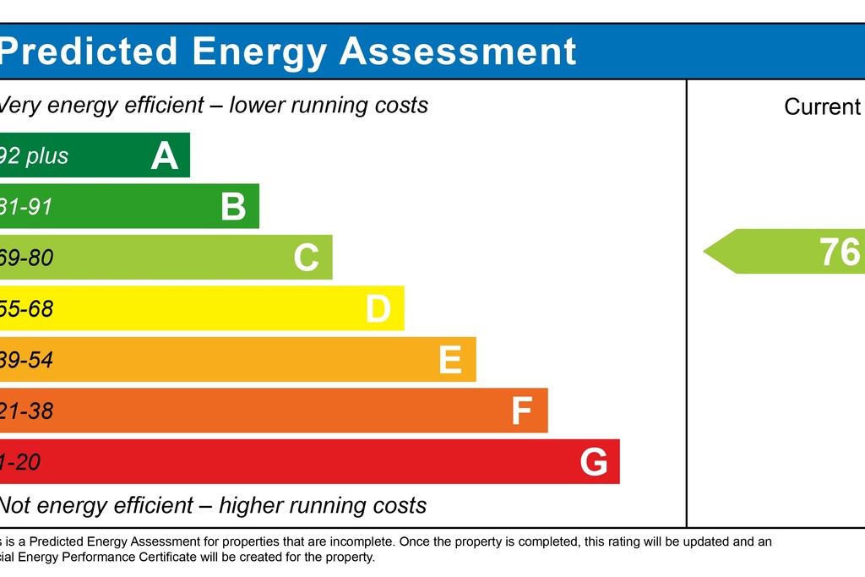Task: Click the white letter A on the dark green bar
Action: pyautogui.click(x=165, y=156)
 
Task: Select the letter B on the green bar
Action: pyautogui.click(x=233, y=207)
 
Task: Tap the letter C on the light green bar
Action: pyautogui.click(x=307, y=258)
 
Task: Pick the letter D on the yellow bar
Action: pyautogui.click(x=378, y=309)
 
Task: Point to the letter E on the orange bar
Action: pyautogui.click(x=450, y=361)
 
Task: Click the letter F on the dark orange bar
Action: pyautogui.click(x=522, y=411)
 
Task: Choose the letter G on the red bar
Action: pyautogui.click(x=594, y=463)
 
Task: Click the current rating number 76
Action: pyautogui.click(x=840, y=252)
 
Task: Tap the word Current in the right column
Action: pyautogui.click(x=822, y=107)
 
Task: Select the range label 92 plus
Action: pyautogui.click(x=34, y=156)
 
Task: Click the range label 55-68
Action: pyautogui.click(x=26, y=309)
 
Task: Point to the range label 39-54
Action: pyautogui.click(x=26, y=361)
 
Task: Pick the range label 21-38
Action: pyautogui.click(x=26, y=411)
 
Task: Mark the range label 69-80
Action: pyautogui.click(x=26, y=258)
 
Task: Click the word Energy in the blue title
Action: pyautogui.click(x=258, y=52)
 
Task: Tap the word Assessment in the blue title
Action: pyautogui.click(x=458, y=52)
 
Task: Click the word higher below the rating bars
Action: pyautogui.click(x=253, y=506)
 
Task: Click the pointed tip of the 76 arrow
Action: pyautogui.click(x=705, y=252)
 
